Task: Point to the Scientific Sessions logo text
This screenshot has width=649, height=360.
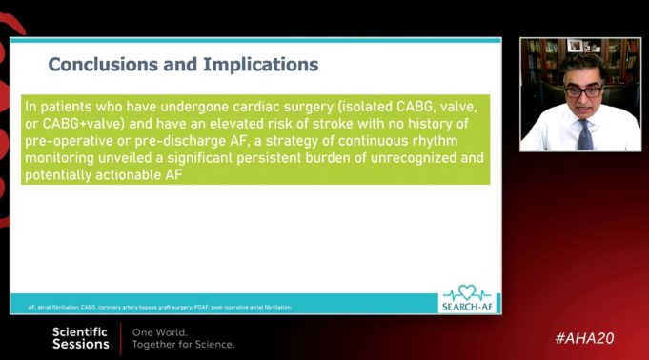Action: [80, 338]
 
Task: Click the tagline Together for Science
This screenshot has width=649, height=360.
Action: [183, 344]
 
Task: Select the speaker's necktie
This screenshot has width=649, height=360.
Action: [584, 133]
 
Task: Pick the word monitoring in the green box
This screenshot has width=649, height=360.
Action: [59, 159]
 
